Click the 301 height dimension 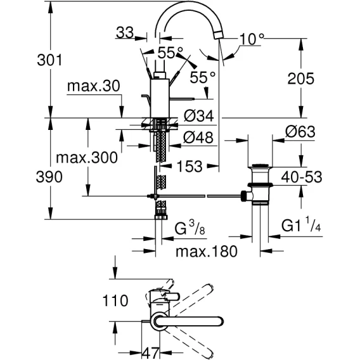pos(49,60)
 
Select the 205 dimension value pos(300,79)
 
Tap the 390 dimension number pos(49,177)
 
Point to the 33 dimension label pos(125,32)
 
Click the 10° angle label pos(252,39)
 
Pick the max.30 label pos(94,86)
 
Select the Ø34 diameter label pos(199,116)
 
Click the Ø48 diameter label pos(198,138)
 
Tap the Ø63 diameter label pos(300,132)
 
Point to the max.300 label pos(87,158)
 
